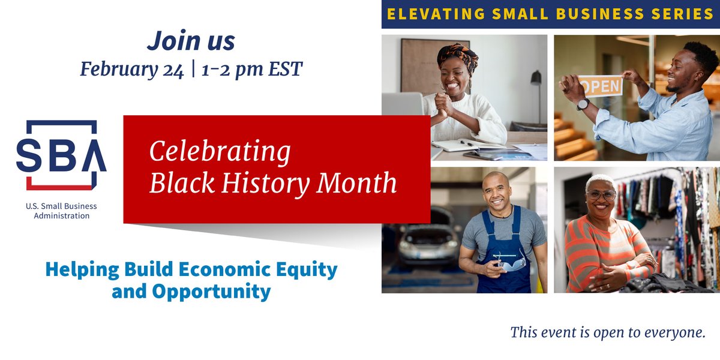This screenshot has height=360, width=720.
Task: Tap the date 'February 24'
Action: (132, 70)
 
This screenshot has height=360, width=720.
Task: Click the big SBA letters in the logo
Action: (61, 155)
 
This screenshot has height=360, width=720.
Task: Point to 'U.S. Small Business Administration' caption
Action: (61, 211)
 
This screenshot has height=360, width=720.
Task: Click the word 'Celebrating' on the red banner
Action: (220, 152)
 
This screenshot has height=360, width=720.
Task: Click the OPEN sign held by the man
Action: (600, 86)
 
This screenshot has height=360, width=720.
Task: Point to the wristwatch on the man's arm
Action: (583, 104)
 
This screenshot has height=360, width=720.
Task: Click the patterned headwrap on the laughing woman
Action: (458, 55)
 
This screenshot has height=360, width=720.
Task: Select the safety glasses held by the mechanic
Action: (512, 261)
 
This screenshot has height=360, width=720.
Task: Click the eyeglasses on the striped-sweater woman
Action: (601, 195)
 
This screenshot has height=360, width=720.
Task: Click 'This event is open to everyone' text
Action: (607, 332)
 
